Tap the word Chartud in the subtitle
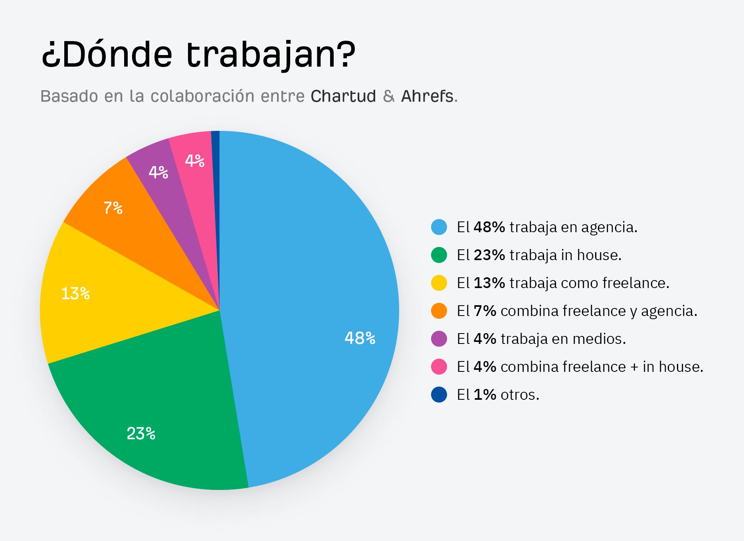(343, 96)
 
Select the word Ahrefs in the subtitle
(427, 96)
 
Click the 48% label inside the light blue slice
(360, 338)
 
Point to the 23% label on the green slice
(141, 433)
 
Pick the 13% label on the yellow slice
(75, 294)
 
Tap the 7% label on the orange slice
(113, 208)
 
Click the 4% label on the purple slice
(158, 172)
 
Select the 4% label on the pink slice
(195, 161)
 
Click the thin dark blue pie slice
(216, 199)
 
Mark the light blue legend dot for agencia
(439, 227)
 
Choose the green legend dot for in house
(439, 255)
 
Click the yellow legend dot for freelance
(439, 283)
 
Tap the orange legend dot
(439, 311)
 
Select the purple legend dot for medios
(439, 339)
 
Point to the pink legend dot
(439, 367)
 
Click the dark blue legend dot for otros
(439, 395)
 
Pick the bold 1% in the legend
(485, 395)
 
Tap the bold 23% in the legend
(489, 255)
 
